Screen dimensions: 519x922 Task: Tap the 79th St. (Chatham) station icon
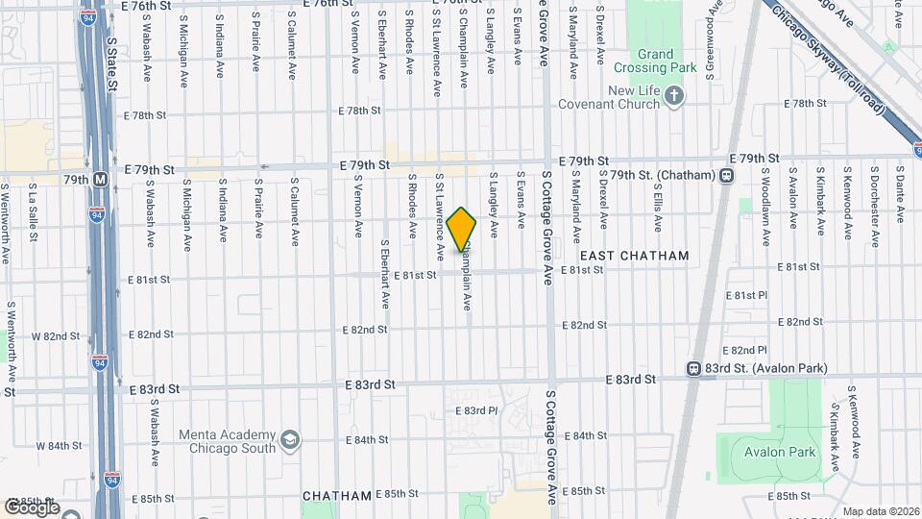click(727, 175)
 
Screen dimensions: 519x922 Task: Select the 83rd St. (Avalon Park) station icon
click(693, 369)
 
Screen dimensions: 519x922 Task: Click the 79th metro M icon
click(101, 179)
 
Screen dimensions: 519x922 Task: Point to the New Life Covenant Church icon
click(674, 95)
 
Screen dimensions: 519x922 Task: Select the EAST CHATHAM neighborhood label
click(635, 256)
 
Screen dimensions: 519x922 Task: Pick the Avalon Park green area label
click(783, 452)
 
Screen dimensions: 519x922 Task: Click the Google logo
click(31, 507)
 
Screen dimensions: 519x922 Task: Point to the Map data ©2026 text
click(881, 510)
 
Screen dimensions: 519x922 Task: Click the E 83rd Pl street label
click(477, 410)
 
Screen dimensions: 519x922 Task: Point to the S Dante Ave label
click(900, 195)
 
